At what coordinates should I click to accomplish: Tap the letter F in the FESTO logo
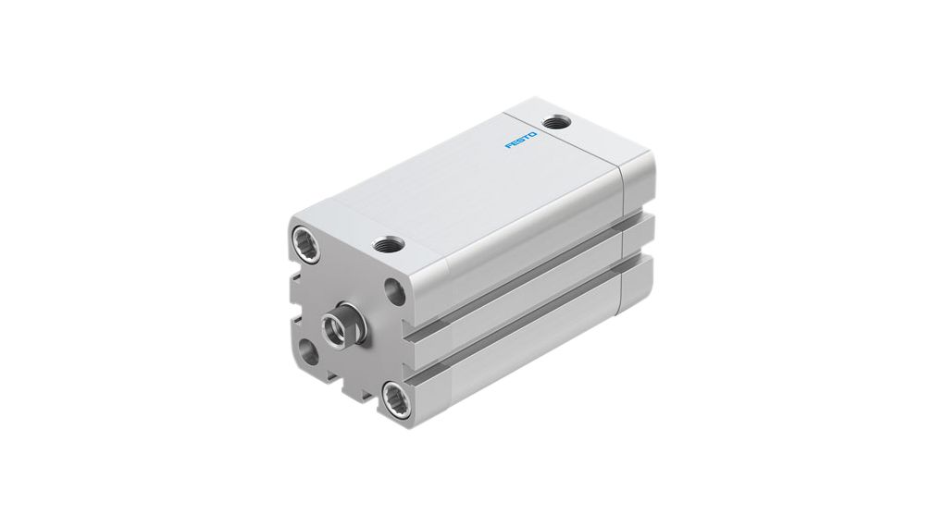(x=508, y=147)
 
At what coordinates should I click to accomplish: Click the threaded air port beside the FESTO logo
(x=558, y=121)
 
